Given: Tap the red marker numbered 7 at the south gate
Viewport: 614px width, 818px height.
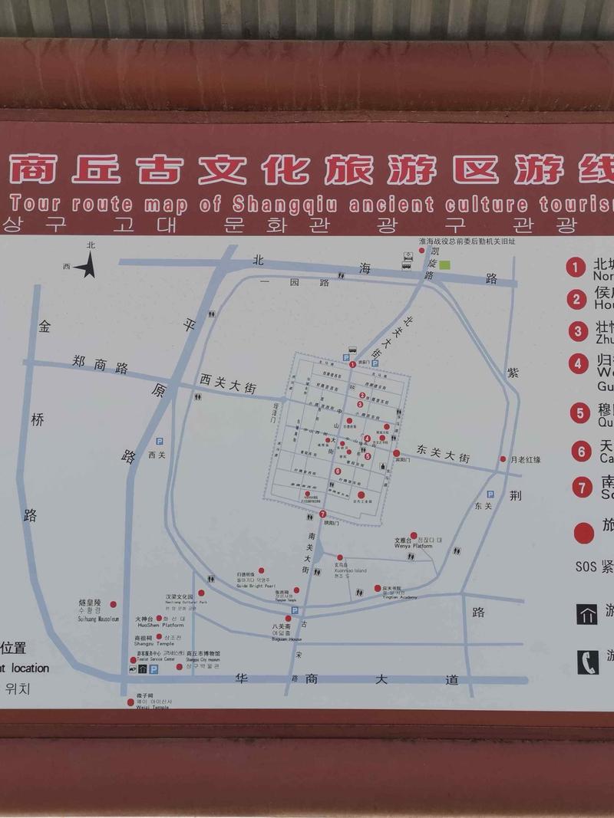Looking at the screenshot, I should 322,514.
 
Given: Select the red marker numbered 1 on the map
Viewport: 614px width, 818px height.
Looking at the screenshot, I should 352,365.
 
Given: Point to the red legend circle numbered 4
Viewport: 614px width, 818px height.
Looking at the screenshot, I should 578,363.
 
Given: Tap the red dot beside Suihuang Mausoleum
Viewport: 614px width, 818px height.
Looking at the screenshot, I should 114,604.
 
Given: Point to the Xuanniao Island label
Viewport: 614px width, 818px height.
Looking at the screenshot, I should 350,570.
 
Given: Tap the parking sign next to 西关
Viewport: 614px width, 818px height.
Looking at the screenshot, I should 160,442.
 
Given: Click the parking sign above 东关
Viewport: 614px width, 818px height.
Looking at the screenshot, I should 490,494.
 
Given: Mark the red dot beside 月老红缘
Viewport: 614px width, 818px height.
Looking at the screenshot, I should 503,459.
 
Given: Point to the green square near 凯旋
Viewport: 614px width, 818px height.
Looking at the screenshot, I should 444,264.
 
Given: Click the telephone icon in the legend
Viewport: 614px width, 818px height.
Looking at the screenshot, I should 587,661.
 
